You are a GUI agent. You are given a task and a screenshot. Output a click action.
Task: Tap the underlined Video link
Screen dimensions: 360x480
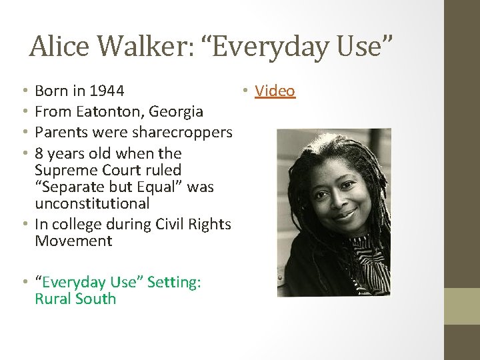pyautogui.click(x=275, y=91)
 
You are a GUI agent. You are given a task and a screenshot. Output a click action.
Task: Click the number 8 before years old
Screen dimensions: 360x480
pyautogui.click(x=39, y=153)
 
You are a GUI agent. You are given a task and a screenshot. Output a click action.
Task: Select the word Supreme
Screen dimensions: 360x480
pyautogui.click(x=65, y=170)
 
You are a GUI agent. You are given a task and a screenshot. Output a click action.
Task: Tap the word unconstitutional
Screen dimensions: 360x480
pyautogui.click(x=92, y=203)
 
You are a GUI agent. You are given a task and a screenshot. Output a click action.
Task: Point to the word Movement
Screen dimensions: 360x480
pyautogui.click(x=73, y=241)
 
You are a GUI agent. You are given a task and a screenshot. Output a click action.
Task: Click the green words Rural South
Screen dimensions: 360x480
pyautogui.click(x=75, y=299)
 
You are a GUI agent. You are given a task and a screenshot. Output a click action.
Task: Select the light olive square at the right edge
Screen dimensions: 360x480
pyautogui.click(x=462, y=306)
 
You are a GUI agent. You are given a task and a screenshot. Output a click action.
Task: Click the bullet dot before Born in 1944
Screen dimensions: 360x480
pyautogui.click(x=23, y=91)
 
